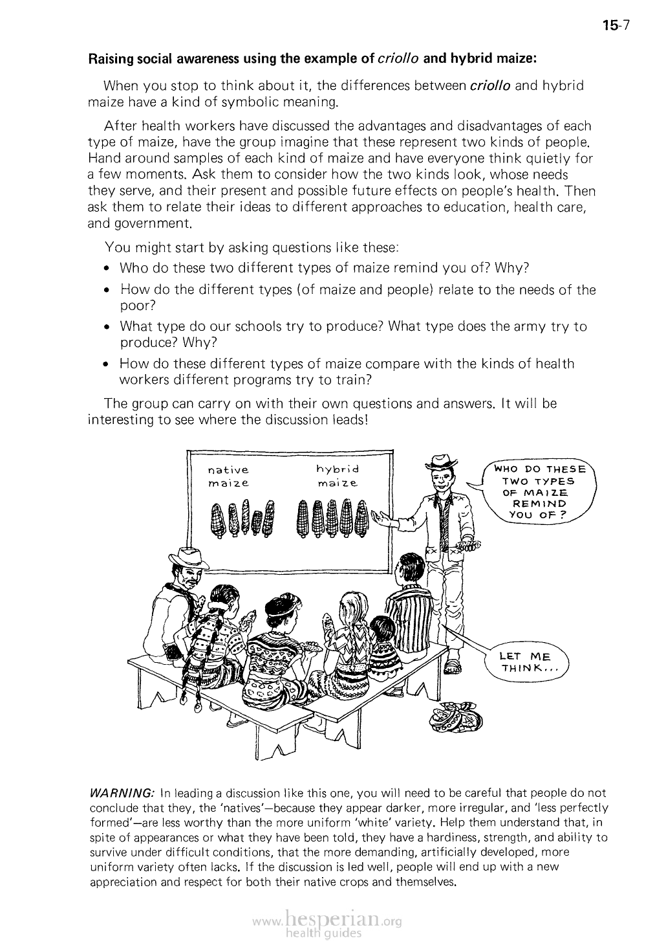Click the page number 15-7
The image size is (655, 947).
616,26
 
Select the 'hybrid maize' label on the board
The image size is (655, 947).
337,476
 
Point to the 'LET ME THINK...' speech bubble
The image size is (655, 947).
528,663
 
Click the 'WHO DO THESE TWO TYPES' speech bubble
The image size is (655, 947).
538,492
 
